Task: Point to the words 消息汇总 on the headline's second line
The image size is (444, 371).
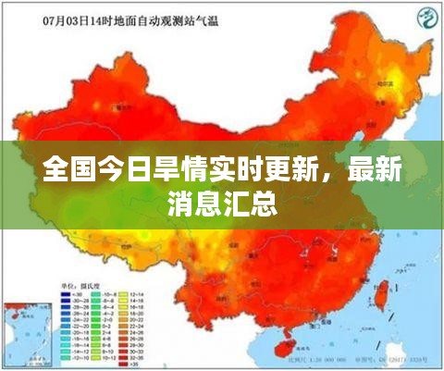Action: [x=222, y=203]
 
